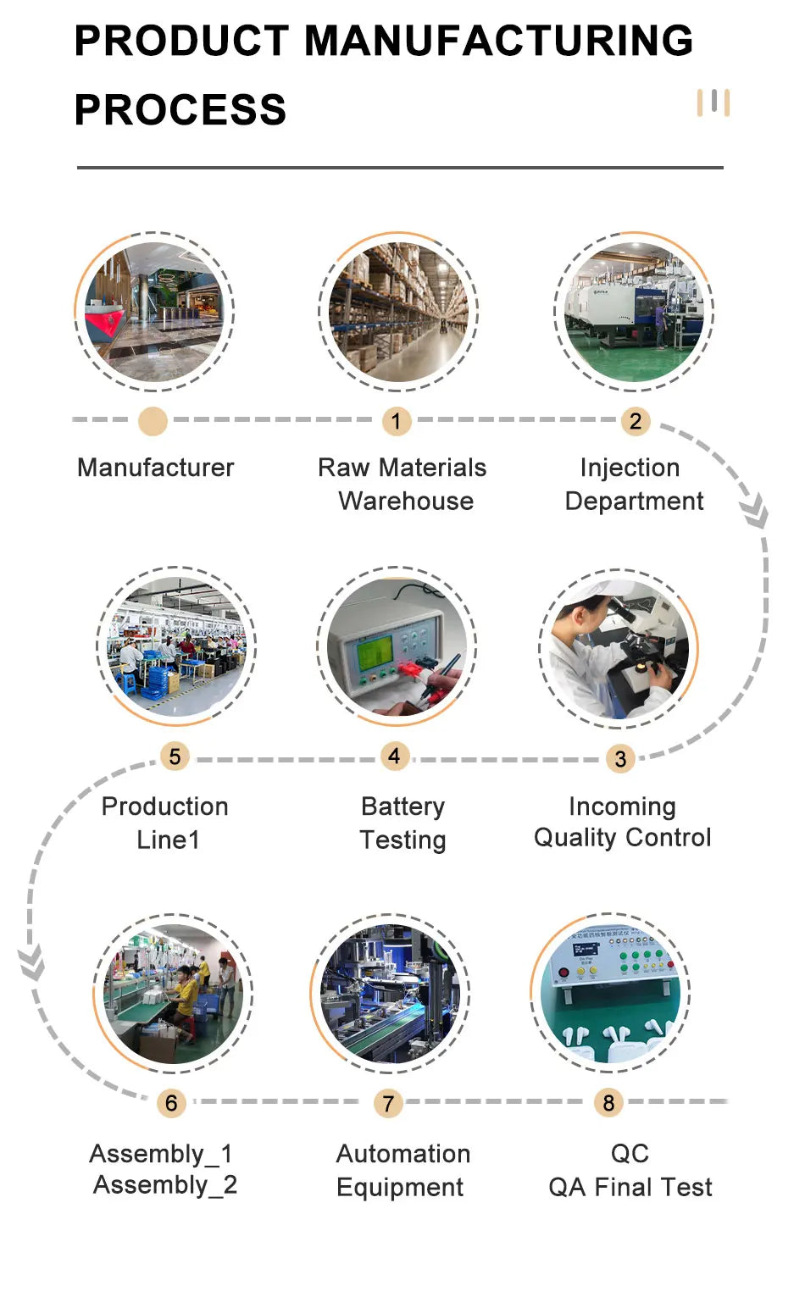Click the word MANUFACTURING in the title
(x=498, y=41)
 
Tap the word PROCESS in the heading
(x=180, y=110)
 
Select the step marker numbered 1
(x=396, y=421)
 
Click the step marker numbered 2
(x=635, y=421)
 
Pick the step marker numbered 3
(x=620, y=758)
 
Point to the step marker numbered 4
(x=394, y=756)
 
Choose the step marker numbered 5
(x=175, y=757)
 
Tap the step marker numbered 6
(x=171, y=1102)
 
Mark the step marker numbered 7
(x=388, y=1103)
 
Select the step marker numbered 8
(x=608, y=1102)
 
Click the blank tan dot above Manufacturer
(x=153, y=421)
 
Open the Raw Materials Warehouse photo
(x=398, y=312)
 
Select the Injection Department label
(x=634, y=484)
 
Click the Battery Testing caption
(x=402, y=823)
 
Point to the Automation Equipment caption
(x=402, y=1170)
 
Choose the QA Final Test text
(x=630, y=1187)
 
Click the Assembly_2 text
(x=165, y=1185)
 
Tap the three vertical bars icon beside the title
(x=713, y=103)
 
